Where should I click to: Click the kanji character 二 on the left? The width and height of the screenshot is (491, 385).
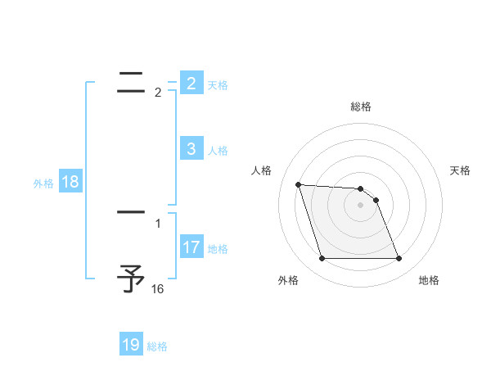pyautogui.click(x=132, y=80)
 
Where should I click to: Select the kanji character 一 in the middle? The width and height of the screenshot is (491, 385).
pyautogui.click(x=132, y=212)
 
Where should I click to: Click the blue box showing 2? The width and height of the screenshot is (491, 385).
pyautogui.click(x=191, y=83)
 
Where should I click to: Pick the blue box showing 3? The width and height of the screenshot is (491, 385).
pyautogui.click(x=191, y=148)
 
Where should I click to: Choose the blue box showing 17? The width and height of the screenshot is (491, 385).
pyautogui.click(x=191, y=247)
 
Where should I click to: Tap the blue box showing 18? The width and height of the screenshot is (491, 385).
pyautogui.click(x=70, y=182)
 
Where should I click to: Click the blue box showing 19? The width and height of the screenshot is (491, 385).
pyautogui.click(x=131, y=345)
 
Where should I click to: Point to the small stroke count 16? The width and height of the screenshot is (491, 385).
pyautogui.click(x=157, y=289)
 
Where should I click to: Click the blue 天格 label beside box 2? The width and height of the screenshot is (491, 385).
pyautogui.click(x=218, y=84)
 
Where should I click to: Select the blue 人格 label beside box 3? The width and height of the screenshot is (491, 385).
pyautogui.click(x=218, y=150)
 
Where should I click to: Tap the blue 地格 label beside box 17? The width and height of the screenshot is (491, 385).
pyautogui.click(x=218, y=248)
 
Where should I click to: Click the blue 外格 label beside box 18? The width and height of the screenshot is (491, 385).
pyautogui.click(x=43, y=183)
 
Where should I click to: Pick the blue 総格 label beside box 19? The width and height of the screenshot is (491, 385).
pyautogui.click(x=157, y=346)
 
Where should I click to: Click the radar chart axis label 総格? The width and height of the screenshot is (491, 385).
pyautogui.click(x=361, y=106)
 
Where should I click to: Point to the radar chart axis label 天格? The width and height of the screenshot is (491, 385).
pyautogui.click(x=460, y=170)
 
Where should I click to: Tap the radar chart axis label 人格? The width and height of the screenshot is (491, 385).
pyautogui.click(x=261, y=170)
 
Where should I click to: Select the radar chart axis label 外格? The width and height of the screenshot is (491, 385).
pyautogui.click(x=288, y=280)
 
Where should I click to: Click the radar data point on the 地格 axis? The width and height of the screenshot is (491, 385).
pyautogui.click(x=399, y=259)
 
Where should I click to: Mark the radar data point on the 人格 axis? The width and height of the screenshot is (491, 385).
pyautogui.click(x=299, y=184)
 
